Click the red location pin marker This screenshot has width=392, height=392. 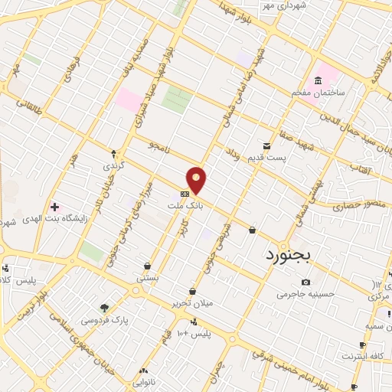tap(197, 181)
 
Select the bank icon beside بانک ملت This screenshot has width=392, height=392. tap(185, 194)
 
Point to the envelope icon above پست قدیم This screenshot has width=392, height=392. tap(266, 145)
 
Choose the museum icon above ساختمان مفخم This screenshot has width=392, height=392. tap(318, 81)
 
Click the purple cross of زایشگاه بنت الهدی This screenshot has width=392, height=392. tap(54, 207)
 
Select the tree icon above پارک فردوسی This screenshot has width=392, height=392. tap(104, 307)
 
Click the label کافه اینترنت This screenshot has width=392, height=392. tap(363, 357)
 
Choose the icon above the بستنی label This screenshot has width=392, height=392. tap(146, 266)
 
